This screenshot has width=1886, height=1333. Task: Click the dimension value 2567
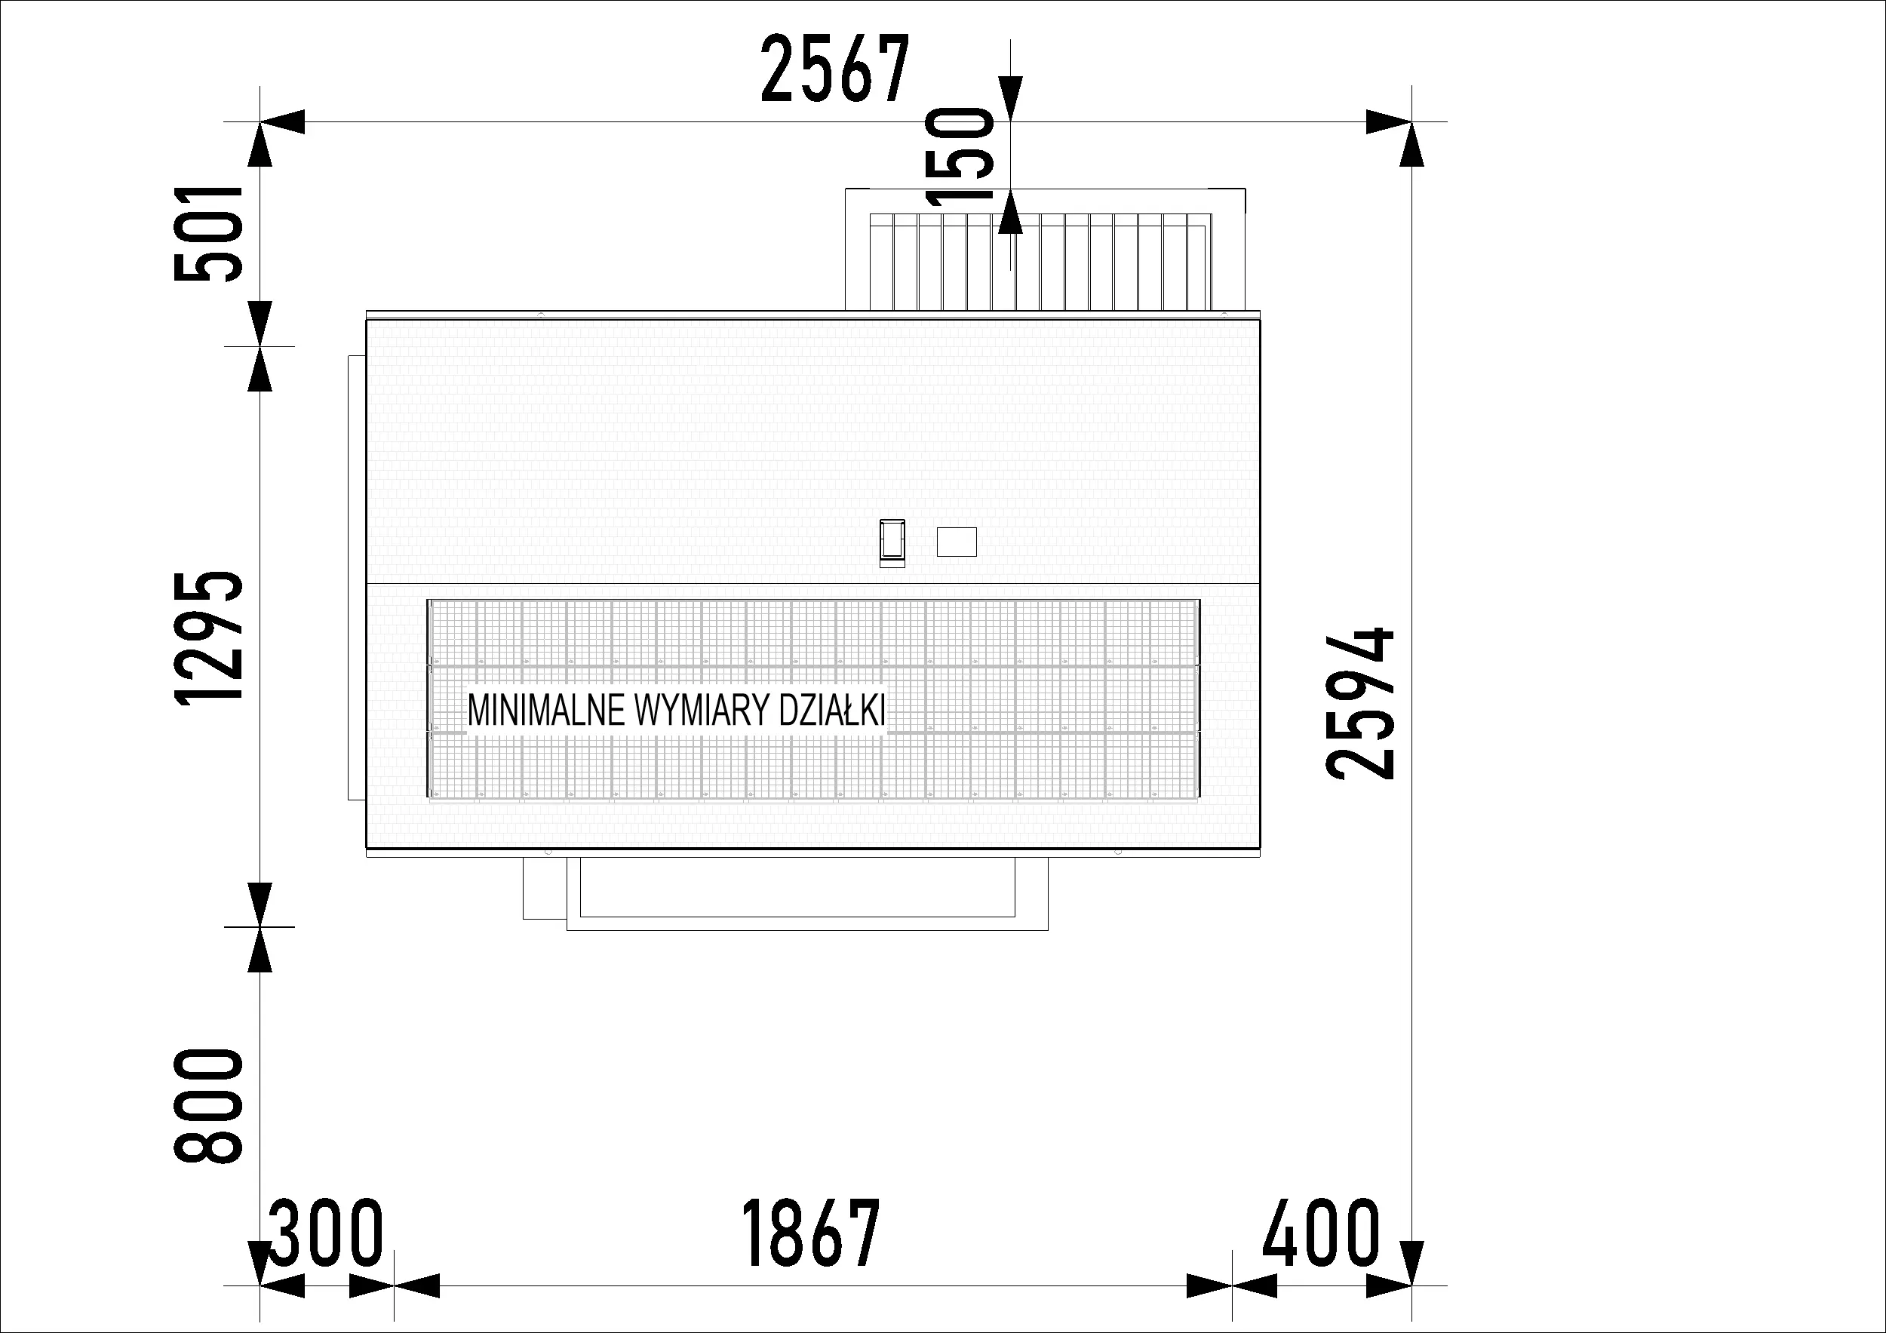click(835, 69)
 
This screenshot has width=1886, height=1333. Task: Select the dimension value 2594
click(1360, 703)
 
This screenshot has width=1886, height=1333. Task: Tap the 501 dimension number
click(209, 234)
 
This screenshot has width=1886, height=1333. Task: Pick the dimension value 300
click(326, 1233)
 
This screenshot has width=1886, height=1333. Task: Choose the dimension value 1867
click(810, 1233)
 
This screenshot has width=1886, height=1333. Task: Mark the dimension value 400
click(1320, 1233)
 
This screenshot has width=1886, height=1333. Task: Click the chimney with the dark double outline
click(892, 543)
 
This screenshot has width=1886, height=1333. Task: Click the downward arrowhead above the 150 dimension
click(1011, 100)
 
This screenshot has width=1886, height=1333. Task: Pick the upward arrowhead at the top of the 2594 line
click(1411, 146)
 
